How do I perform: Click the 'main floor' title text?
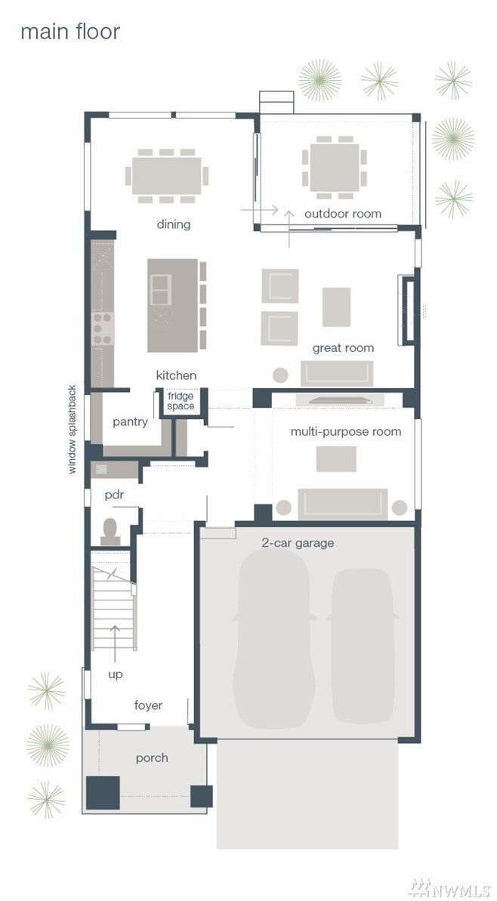tap(70, 32)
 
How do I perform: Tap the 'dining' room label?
tap(174, 224)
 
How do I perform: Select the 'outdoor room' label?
tap(342, 214)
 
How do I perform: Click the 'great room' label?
tap(343, 347)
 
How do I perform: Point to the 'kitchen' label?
tap(177, 375)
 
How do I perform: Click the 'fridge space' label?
tap(181, 401)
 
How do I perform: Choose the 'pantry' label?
tap(130, 421)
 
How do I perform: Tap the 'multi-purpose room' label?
tap(345, 431)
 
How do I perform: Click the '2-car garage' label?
tap(298, 542)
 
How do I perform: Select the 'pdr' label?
tap(114, 495)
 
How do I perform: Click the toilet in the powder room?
tap(110, 532)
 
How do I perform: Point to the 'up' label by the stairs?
tap(116, 674)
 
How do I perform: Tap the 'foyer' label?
tap(148, 705)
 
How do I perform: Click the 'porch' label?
tap(153, 758)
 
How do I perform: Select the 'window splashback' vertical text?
tap(72, 429)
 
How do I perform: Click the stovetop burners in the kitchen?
tap(102, 329)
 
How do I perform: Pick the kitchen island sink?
tap(160, 289)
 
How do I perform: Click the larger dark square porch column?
tap(103, 792)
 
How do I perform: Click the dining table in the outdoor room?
tap(335, 168)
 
